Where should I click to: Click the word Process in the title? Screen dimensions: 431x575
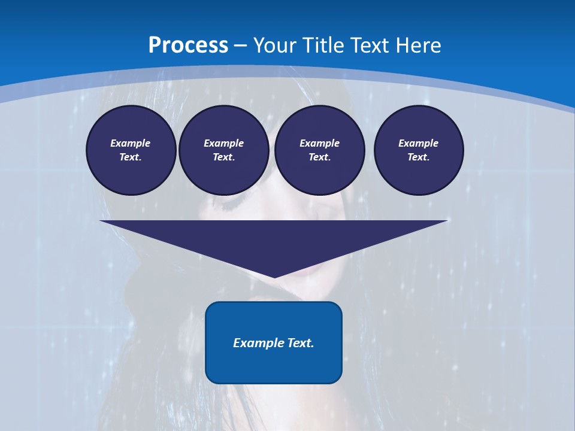tap(188, 45)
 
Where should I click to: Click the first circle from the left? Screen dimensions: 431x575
tap(131, 150)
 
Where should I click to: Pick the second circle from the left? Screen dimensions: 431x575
tap(223, 150)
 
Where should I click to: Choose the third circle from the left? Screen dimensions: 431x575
tap(319, 150)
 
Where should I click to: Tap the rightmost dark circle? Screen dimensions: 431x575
tap(418, 150)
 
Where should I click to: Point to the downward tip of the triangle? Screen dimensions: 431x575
tap(274, 276)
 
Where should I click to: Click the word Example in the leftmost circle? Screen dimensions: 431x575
tap(131, 143)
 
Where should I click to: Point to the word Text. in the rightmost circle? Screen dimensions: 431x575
tap(418, 157)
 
